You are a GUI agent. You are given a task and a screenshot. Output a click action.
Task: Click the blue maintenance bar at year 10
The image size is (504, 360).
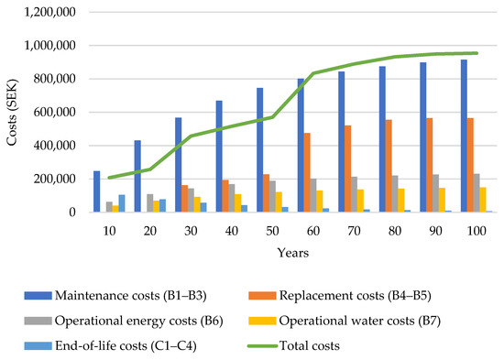[96, 191]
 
